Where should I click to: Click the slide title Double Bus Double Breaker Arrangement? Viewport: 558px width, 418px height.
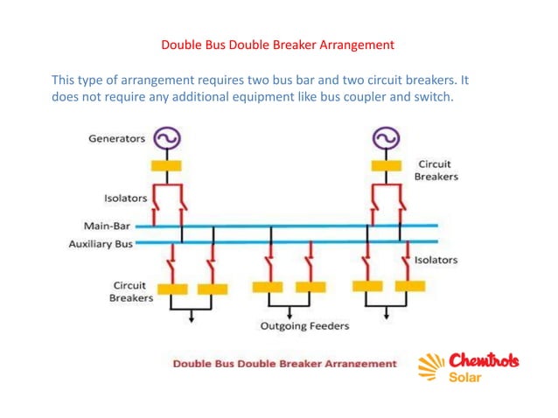(x=278, y=44)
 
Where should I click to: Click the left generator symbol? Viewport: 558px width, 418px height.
(x=166, y=138)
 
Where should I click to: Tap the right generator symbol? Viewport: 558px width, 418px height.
(x=385, y=138)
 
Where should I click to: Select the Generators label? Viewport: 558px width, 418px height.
(x=116, y=139)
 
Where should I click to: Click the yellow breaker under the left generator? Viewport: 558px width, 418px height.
(x=166, y=165)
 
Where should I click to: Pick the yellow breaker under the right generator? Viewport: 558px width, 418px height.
(x=385, y=165)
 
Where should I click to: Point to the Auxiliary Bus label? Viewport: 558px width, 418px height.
(x=101, y=244)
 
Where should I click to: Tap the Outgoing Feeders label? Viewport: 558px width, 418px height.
(x=304, y=326)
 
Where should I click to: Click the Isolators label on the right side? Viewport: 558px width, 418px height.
(x=436, y=260)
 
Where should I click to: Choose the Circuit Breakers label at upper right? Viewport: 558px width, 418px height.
(x=436, y=170)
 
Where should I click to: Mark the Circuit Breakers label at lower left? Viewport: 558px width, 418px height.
(x=130, y=291)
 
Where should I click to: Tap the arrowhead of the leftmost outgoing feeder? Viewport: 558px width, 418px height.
(x=192, y=318)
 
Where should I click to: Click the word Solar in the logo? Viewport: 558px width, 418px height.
(x=464, y=378)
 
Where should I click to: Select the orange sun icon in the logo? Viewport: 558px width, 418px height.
(x=431, y=368)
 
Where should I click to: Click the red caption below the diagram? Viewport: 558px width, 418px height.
(x=284, y=363)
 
